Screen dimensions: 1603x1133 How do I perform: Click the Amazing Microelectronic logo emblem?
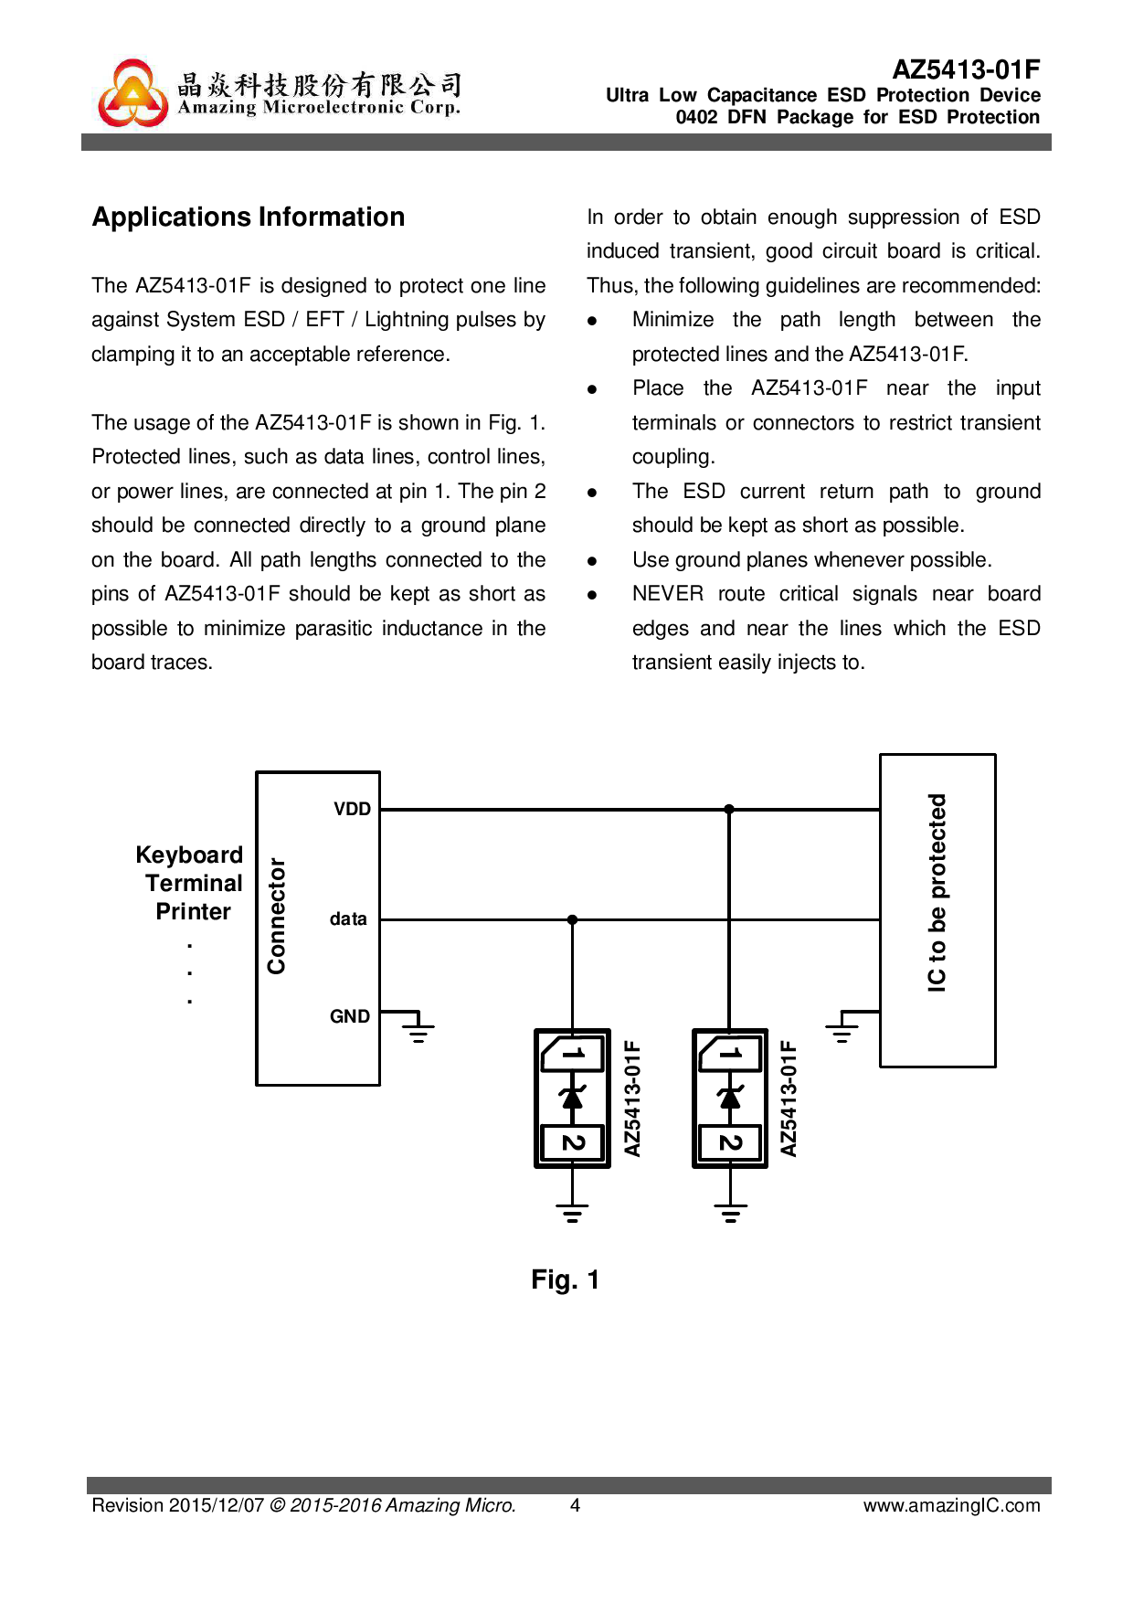pyautogui.click(x=133, y=93)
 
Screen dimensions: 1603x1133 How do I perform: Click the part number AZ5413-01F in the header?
pyautogui.click(x=966, y=69)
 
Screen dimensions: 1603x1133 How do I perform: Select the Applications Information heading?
pyautogui.click(x=249, y=218)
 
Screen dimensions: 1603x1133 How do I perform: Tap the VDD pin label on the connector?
pyautogui.click(x=352, y=810)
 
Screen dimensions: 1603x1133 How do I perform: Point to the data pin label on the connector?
pyautogui.click(x=348, y=919)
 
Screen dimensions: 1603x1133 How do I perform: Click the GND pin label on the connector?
pyautogui.click(x=350, y=1017)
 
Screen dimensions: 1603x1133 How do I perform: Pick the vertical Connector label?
pyautogui.click(x=276, y=916)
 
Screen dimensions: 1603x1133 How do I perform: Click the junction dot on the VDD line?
pyautogui.click(x=729, y=810)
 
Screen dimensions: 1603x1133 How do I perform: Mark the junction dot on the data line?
pyautogui.click(x=572, y=920)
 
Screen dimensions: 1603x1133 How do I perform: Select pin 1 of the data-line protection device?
pyautogui.click(x=573, y=1054)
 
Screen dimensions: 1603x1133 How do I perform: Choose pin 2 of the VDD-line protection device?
pyautogui.click(x=730, y=1142)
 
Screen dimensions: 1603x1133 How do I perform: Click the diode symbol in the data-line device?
pyautogui.click(x=573, y=1097)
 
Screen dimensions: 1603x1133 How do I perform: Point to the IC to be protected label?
pyautogui.click(x=937, y=893)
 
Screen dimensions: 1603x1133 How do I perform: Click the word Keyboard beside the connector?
pyautogui.click(x=189, y=855)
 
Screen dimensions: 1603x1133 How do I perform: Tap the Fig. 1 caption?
pyautogui.click(x=565, y=1280)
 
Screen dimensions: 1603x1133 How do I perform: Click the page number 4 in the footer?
pyautogui.click(x=575, y=1505)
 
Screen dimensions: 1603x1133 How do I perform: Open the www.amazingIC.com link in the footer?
pyautogui.click(x=951, y=1505)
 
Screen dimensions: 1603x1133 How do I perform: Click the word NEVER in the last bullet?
pyautogui.click(x=667, y=594)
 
